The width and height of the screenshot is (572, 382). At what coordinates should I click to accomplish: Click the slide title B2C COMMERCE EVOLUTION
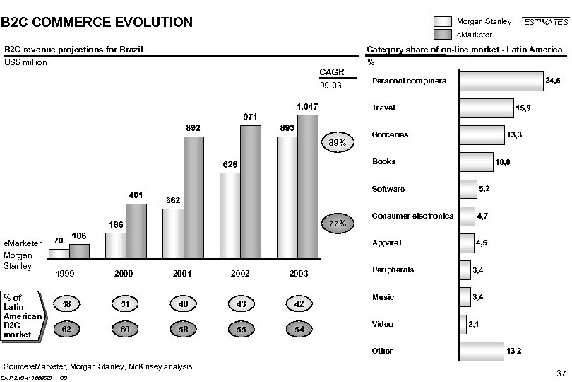[97, 22]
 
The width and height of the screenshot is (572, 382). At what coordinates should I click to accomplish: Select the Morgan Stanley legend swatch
[442, 21]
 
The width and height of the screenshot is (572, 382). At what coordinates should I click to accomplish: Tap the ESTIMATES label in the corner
[544, 23]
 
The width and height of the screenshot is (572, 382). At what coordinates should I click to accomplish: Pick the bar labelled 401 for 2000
[137, 230]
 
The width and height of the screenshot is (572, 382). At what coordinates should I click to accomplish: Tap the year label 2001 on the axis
[183, 273]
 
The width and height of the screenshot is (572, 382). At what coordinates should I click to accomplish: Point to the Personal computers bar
[501, 81]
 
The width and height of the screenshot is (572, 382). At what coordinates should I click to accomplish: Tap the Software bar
[467, 189]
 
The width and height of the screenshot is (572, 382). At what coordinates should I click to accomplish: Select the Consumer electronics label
[412, 216]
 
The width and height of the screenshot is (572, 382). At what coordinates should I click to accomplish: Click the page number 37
[561, 372]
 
